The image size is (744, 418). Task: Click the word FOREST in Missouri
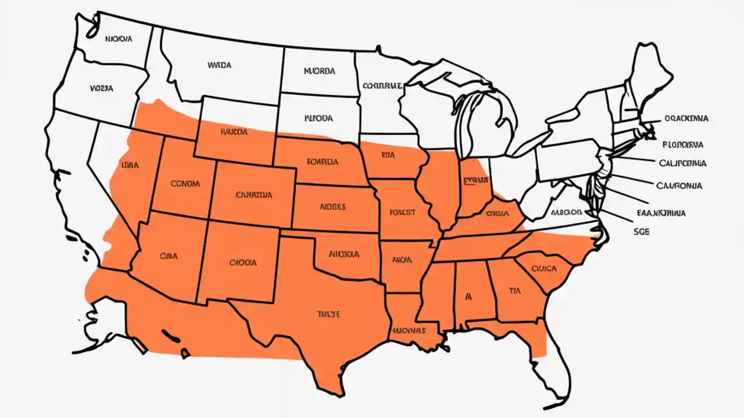(402, 212)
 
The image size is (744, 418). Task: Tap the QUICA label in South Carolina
(544, 268)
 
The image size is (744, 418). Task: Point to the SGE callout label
(641, 231)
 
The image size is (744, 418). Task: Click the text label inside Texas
(328, 314)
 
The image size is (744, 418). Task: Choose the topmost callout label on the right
(686, 118)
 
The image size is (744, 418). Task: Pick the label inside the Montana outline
(219, 65)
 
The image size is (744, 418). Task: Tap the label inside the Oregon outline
(102, 89)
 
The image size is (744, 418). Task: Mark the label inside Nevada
(130, 165)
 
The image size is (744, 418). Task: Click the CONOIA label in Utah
(185, 183)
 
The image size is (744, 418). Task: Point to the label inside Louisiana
(407, 330)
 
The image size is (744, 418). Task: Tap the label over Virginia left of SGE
(566, 212)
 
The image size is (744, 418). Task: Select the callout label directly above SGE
(661, 213)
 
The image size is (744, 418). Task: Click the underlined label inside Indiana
(473, 181)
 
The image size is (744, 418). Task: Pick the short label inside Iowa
(388, 155)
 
